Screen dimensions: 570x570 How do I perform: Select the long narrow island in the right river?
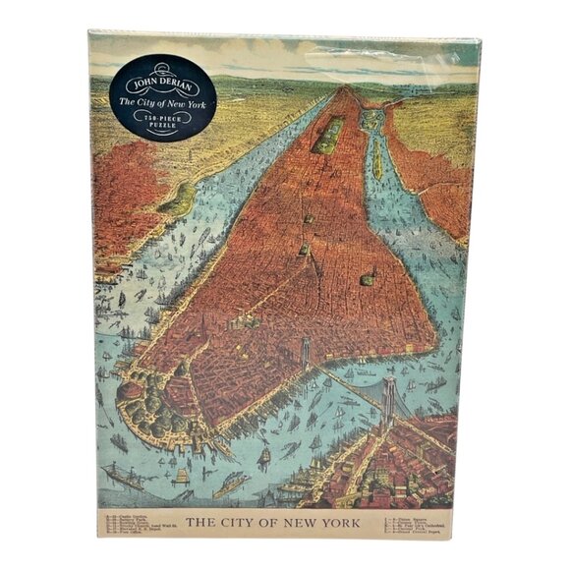[x=374, y=157]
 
